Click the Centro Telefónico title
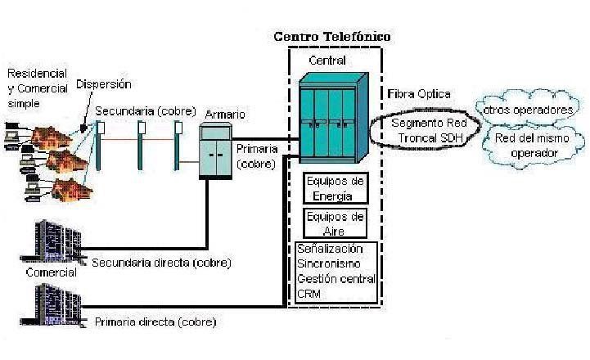point(332,37)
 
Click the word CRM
point(309,294)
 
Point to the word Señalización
point(330,249)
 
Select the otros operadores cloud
point(528,108)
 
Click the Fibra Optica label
point(419,94)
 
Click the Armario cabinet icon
point(215,151)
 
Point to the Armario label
point(225,115)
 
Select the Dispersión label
point(103,84)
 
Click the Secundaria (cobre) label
point(146,111)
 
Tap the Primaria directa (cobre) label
point(155,322)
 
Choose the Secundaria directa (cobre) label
point(161,263)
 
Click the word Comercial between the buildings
point(52,272)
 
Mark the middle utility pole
point(141,146)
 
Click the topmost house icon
point(51,137)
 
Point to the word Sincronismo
point(328,263)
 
